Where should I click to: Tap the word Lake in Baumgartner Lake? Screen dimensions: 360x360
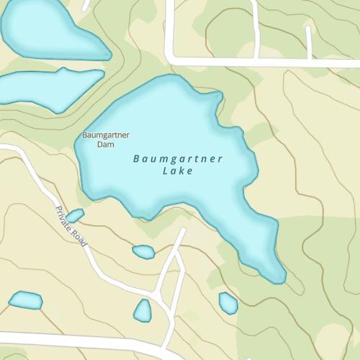coord(178,172)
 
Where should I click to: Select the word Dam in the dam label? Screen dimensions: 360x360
coord(105,144)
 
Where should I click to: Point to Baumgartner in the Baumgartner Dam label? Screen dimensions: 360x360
coord(105,135)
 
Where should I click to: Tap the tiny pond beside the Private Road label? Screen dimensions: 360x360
coord(75,215)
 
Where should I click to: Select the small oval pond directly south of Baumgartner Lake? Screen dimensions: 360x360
coord(143,251)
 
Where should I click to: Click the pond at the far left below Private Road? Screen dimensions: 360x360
coord(25,299)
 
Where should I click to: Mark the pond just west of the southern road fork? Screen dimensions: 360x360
coord(143,310)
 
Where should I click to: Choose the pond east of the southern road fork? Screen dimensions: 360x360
coord(228,303)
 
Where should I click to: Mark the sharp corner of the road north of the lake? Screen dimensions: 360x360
coord(171,59)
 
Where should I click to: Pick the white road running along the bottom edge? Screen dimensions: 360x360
coord(72,338)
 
